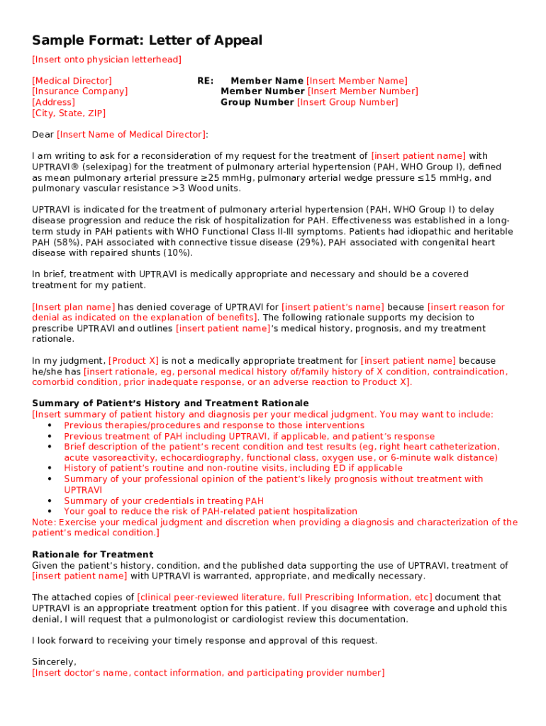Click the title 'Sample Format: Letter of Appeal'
[147, 40]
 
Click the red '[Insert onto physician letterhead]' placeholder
[106, 60]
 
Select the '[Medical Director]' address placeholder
[72, 81]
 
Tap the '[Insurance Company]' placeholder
[80, 91]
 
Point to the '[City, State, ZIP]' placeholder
[69, 113]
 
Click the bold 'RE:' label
[205, 81]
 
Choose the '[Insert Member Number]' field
[362, 91]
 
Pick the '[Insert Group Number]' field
[347, 102]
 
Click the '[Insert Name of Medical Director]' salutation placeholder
[132, 135]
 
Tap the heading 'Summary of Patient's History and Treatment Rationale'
[170, 403]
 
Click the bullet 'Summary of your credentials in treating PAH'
[164, 501]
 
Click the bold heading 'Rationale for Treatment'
[92, 554]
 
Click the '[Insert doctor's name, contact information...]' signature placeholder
[208, 673]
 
